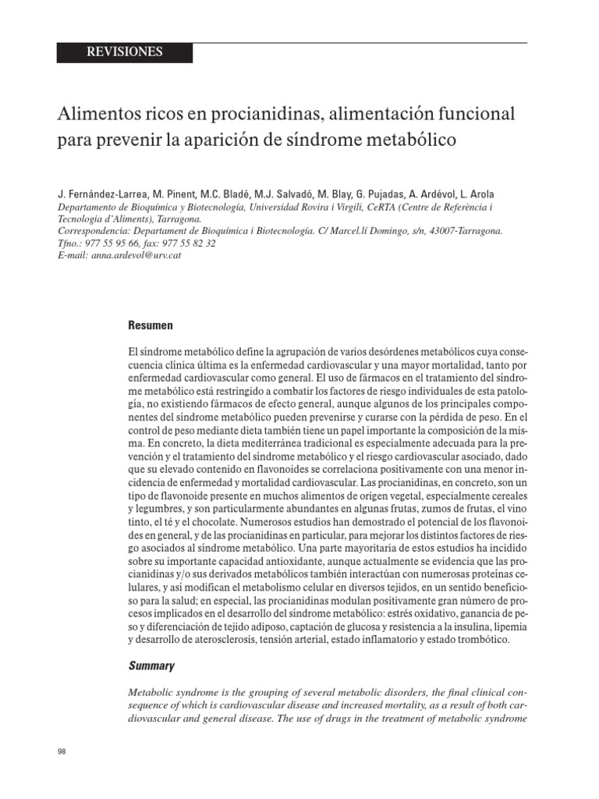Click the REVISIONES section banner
(125, 52)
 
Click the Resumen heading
(150, 325)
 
